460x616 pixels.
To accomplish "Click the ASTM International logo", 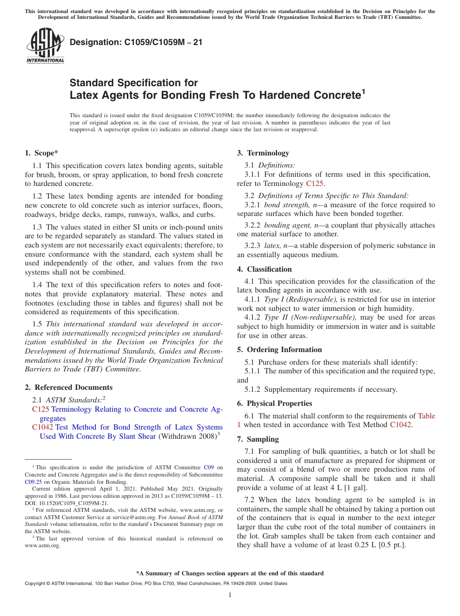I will (45, 46).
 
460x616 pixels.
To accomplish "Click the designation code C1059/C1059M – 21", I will (136, 43).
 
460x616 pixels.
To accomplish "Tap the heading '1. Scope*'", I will (42, 153).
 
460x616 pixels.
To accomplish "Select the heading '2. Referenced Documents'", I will (69, 387).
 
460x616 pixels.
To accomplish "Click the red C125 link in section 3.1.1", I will (315, 184).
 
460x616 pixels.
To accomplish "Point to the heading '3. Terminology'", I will (263, 153).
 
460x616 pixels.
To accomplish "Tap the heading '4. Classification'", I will (264, 269).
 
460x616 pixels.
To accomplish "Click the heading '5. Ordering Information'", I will (279, 350).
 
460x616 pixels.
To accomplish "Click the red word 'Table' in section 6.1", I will (426, 416).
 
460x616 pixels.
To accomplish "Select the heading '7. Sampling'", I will (258, 439).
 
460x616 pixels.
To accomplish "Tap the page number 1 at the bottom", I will (230, 595).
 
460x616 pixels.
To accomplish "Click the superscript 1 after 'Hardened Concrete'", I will (364, 91).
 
